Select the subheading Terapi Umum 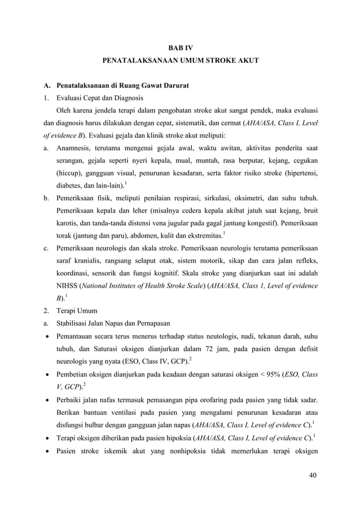(x=77, y=311)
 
